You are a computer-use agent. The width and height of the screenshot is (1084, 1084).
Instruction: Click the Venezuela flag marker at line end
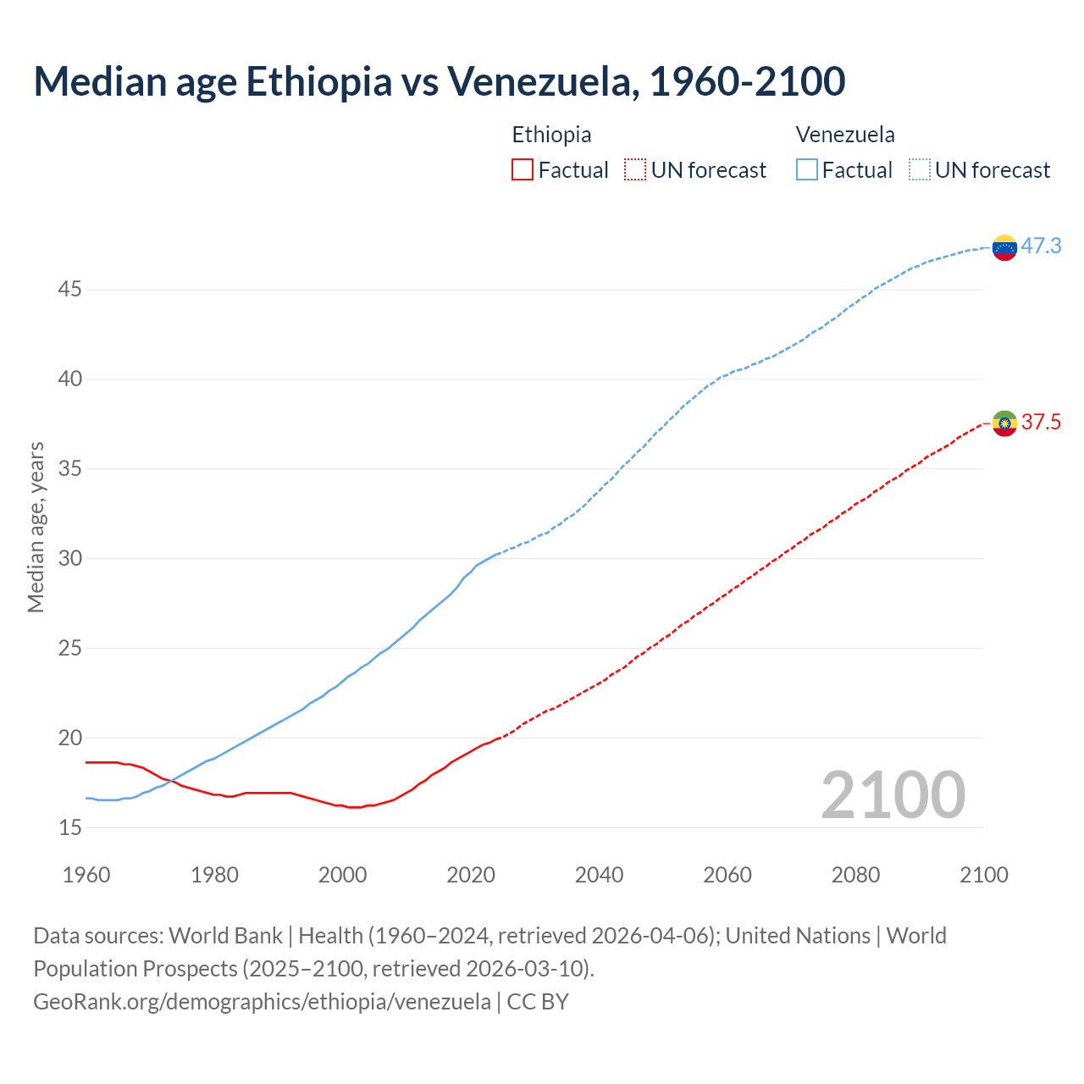1004,247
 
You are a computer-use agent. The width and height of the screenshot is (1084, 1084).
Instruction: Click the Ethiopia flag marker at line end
1004,423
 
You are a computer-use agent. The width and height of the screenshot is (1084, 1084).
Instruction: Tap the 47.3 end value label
1041,246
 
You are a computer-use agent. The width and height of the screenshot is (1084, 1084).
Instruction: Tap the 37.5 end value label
1041,422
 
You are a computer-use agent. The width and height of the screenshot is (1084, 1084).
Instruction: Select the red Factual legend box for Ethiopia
523,170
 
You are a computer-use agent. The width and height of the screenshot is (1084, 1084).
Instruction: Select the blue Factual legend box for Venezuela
807,170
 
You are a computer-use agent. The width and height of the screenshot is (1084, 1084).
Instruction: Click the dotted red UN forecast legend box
635,170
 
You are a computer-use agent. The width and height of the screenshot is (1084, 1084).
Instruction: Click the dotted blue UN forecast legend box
920,170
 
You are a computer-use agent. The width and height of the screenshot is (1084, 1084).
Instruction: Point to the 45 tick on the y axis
69,290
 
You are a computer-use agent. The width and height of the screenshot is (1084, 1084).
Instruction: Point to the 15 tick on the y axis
69,827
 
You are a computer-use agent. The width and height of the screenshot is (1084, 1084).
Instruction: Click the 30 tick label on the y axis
69,559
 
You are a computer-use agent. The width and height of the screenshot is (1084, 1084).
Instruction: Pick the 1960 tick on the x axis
86,875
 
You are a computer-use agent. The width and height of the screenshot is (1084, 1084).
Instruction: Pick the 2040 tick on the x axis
599,875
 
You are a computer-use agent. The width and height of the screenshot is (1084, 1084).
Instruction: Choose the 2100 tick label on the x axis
983,875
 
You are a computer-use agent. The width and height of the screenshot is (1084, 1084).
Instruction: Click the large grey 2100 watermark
893,794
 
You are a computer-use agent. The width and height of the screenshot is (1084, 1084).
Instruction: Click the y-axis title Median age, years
36,527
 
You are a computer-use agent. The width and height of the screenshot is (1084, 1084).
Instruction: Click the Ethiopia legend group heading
551,135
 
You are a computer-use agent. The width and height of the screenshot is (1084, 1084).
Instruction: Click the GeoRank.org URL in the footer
262,1002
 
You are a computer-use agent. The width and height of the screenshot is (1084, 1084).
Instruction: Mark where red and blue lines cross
169,780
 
